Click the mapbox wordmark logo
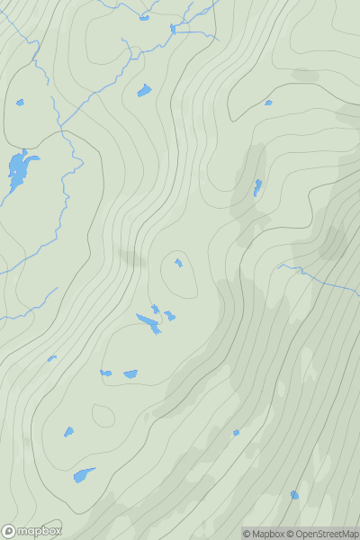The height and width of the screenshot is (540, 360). [x=31, y=531]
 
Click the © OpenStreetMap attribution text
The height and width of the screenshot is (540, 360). [x=322, y=534]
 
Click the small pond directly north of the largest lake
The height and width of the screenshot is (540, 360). [x=20, y=103]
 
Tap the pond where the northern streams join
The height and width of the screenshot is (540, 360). [x=173, y=29]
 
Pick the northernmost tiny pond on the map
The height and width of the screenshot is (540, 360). [x=144, y=17]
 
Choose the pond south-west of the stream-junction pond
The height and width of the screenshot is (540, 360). [x=144, y=90]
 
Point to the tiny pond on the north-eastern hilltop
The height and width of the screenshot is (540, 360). [x=268, y=103]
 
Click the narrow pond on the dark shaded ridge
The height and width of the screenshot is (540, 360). [x=257, y=187]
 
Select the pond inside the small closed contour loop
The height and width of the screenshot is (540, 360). [x=178, y=263]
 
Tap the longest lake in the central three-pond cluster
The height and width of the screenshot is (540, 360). [x=148, y=322]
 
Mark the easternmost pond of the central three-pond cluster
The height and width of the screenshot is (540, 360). [x=169, y=316]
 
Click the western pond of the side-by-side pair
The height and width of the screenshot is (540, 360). [x=106, y=373]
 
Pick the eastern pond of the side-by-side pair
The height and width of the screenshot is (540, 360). [x=130, y=373]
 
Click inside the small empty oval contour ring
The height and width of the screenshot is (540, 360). [x=103, y=416]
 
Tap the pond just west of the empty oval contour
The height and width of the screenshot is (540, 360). [x=68, y=432]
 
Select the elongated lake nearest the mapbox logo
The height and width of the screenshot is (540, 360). [x=84, y=474]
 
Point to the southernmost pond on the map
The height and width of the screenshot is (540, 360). [x=294, y=494]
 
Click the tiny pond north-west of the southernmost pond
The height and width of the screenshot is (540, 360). [x=236, y=433]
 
